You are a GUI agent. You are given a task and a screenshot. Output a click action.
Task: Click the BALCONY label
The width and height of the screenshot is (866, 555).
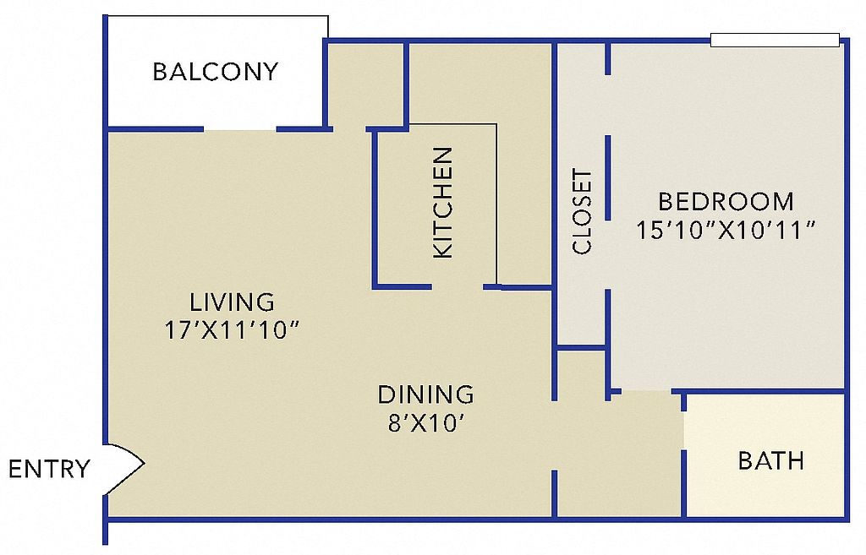[x=216, y=72]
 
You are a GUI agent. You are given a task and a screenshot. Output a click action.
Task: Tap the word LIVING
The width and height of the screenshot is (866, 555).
[x=232, y=302]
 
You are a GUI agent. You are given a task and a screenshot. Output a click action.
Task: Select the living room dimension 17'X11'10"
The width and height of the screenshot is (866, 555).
[x=232, y=330]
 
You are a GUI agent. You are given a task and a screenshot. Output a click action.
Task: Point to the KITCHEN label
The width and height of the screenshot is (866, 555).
[x=443, y=203]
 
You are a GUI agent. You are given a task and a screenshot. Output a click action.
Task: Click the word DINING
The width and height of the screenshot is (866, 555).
[x=426, y=394]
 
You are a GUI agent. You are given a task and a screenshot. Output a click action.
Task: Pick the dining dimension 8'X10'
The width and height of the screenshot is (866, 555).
[x=425, y=423]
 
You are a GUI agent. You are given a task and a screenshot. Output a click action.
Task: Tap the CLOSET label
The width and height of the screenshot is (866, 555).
[x=582, y=212]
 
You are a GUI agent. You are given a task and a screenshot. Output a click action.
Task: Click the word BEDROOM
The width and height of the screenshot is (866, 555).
[x=726, y=201]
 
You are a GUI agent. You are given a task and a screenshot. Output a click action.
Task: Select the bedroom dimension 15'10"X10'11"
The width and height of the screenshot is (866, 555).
[x=726, y=230]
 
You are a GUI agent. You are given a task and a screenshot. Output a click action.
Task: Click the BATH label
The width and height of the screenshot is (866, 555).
[x=771, y=460]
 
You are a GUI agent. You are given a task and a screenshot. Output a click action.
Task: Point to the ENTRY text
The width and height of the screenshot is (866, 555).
[x=49, y=469]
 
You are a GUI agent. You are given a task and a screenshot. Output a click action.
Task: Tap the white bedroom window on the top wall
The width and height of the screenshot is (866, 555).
[x=775, y=41]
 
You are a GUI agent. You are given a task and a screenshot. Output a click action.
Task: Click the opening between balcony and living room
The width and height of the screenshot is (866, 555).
[x=240, y=129]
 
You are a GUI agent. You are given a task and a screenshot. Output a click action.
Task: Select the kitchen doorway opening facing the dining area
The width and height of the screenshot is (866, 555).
[x=458, y=287]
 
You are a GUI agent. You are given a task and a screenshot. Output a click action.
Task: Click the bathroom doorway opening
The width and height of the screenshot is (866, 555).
[x=683, y=430]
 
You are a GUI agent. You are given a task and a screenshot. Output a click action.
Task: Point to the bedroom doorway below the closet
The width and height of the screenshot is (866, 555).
[x=646, y=392]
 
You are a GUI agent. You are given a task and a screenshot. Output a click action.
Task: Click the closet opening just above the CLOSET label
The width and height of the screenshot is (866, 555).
[x=608, y=105]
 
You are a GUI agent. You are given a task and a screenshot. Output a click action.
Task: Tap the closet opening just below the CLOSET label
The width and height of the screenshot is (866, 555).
[x=608, y=255]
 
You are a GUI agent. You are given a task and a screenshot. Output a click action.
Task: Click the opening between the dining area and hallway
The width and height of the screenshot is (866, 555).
[x=554, y=435]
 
